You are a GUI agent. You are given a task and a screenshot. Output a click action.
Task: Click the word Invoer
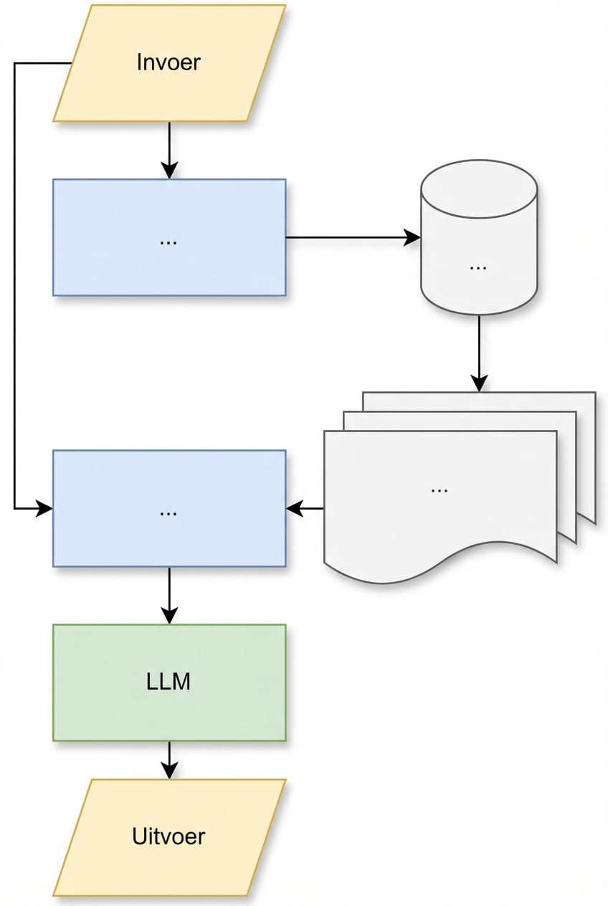tap(168, 62)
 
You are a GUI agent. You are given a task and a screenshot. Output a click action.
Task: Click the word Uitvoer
tap(168, 836)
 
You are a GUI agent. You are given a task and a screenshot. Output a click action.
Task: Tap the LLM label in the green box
tap(168, 681)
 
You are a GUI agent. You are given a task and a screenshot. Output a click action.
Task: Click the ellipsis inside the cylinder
tap(478, 265)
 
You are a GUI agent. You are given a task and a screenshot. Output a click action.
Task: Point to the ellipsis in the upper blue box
tap(168, 241)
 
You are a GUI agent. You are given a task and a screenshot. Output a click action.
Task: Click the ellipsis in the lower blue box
tap(168, 512)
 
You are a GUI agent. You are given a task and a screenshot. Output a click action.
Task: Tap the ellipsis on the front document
tap(440, 489)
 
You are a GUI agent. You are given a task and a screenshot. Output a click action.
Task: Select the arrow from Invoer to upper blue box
tap(169, 151)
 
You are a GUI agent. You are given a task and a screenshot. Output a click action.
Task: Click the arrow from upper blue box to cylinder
tap(351, 237)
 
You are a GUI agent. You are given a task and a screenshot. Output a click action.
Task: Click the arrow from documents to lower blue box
tap(305, 509)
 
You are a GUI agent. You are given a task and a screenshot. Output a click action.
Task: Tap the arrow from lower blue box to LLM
tap(169, 595)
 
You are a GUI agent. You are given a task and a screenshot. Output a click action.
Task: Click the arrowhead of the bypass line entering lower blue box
tap(44, 509)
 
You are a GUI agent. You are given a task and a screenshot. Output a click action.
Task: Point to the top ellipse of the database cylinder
tap(479, 189)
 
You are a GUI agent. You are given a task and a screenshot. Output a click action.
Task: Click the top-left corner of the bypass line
tap(14, 63)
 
